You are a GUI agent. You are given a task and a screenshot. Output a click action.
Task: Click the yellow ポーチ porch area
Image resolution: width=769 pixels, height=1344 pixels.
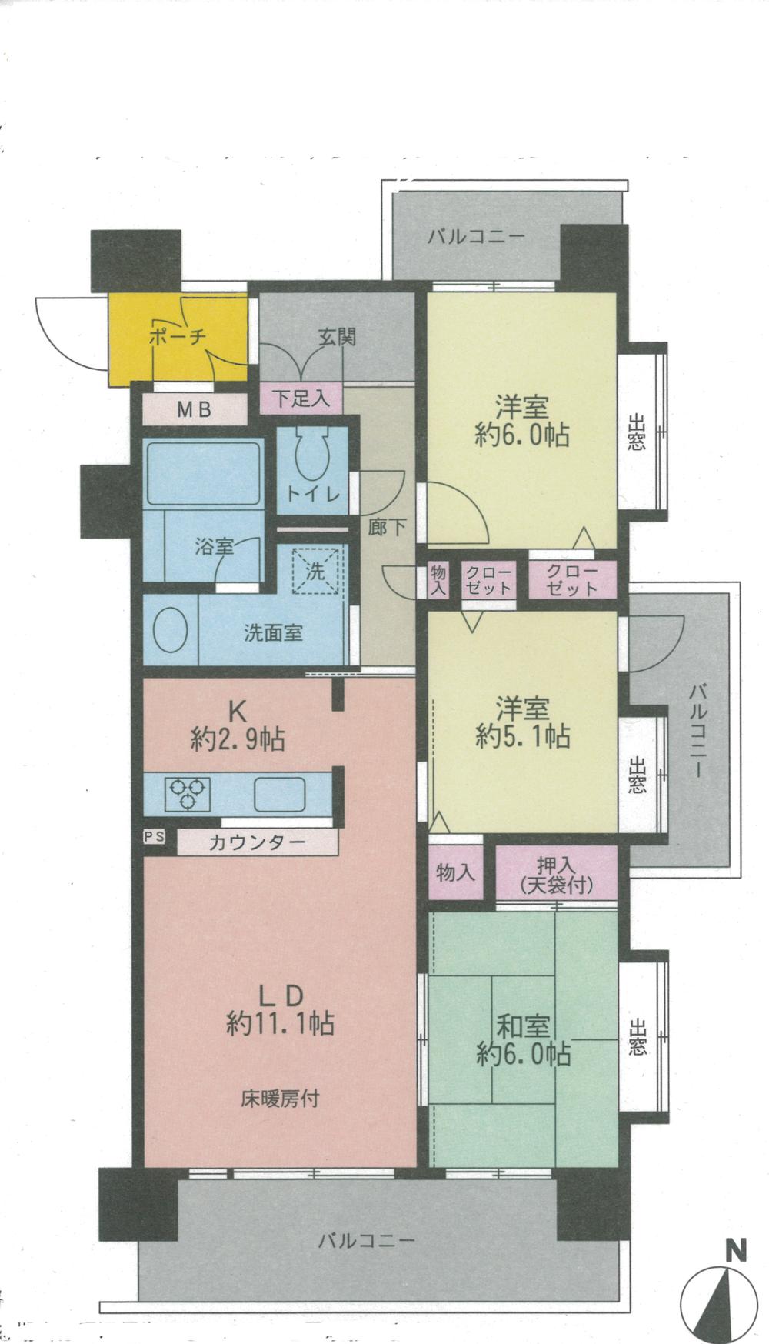coord(177,339)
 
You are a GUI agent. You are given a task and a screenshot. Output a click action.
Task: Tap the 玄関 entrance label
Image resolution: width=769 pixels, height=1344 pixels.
coord(337,337)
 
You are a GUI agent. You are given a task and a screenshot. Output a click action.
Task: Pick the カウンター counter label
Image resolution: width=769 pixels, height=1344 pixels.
coord(257,842)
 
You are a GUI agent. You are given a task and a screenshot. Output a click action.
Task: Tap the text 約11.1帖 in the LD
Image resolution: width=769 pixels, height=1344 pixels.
coord(280,1024)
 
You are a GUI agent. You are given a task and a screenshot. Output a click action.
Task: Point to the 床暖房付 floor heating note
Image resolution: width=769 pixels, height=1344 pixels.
coord(279,1099)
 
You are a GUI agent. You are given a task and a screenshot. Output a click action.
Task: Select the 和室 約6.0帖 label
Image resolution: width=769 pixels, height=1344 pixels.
coord(522,1040)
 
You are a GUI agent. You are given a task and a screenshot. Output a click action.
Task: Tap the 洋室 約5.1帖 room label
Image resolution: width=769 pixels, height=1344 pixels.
coord(522,722)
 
